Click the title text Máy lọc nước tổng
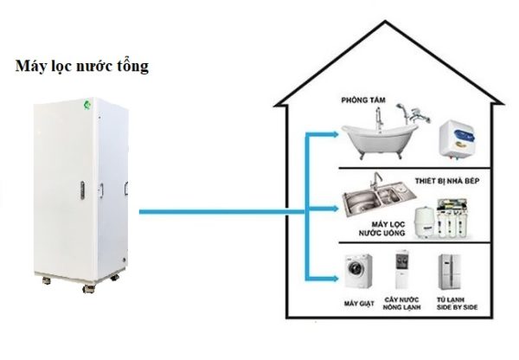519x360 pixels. point(82,67)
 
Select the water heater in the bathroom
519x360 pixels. point(456,137)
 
